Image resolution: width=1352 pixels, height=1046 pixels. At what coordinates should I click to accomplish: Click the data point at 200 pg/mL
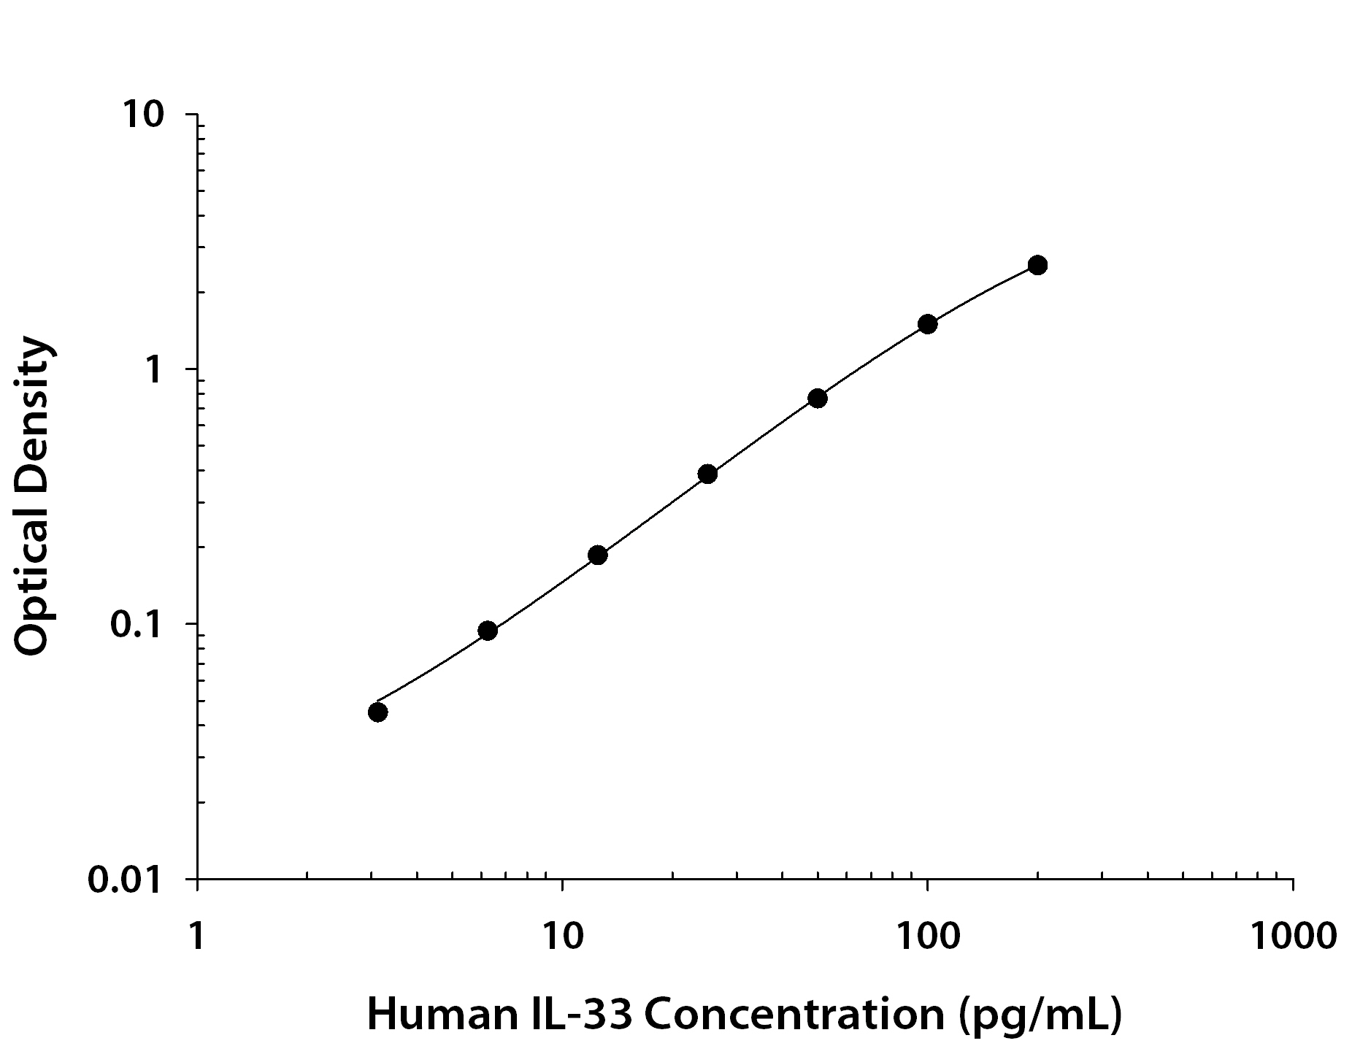pyautogui.click(x=1037, y=265)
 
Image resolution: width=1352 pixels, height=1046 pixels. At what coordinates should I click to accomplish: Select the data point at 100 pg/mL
pyautogui.click(x=927, y=324)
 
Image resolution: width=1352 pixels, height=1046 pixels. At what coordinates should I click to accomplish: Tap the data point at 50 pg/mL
pyautogui.click(x=818, y=399)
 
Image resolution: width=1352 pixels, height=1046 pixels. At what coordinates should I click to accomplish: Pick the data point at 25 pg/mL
pyautogui.click(x=707, y=474)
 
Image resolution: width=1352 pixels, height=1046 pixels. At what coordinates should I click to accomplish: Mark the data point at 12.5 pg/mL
pyautogui.click(x=597, y=555)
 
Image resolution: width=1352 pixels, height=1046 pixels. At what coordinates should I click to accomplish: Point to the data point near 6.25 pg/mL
pyautogui.click(x=488, y=631)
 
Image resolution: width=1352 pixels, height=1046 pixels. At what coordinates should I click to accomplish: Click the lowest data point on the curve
pyautogui.click(x=377, y=712)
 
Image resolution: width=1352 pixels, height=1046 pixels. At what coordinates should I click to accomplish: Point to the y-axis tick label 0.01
pyautogui.click(x=124, y=880)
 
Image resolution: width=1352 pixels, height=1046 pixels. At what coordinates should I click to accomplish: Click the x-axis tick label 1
pyautogui.click(x=196, y=936)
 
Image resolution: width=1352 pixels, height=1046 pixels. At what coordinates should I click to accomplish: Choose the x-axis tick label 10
pyautogui.click(x=562, y=936)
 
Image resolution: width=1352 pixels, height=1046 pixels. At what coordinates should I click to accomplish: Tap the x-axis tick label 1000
pyautogui.click(x=1293, y=936)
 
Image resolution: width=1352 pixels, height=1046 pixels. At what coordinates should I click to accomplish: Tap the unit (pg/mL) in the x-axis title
pyautogui.click(x=1040, y=1015)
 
